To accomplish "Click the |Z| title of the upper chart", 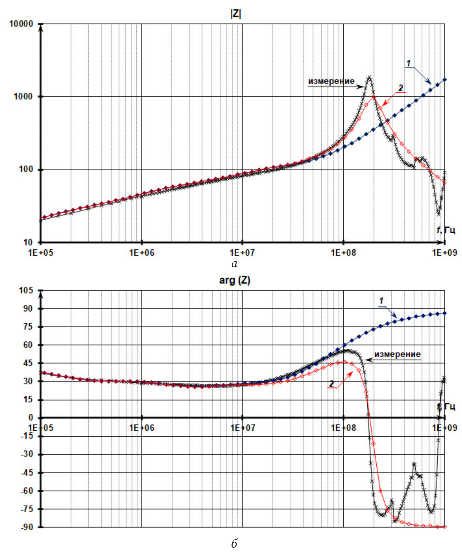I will click(235, 14).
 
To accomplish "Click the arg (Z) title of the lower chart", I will click(234, 280).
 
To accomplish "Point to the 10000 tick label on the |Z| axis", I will click(21, 24).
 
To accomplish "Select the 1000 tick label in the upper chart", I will click(23, 97).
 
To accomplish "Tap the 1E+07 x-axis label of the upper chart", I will click(242, 253).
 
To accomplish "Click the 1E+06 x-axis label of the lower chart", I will click(142, 428).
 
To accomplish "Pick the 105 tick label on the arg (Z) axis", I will click(26, 291).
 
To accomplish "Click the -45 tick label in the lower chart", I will click(27, 473).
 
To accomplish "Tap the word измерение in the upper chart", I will click(331, 81).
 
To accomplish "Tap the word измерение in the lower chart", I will click(397, 354).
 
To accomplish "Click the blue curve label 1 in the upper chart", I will click(408, 63).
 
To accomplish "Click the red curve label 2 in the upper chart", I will click(401, 88).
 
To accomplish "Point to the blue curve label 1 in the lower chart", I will click(381, 301).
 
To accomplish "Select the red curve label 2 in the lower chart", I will click(331, 384).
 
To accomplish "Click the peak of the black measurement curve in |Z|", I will click(369, 77).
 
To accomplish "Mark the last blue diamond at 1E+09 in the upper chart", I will click(445, 80).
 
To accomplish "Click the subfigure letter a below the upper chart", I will click(234, 264).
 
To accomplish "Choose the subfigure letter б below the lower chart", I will click(234, 543).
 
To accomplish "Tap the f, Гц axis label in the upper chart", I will click(446, 230).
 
